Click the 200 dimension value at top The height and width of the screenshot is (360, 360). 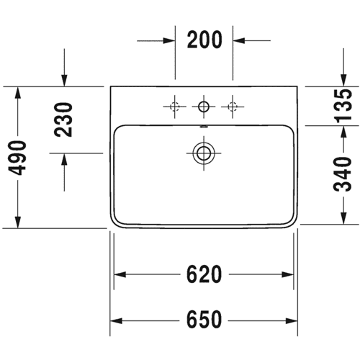[x=204, y=40]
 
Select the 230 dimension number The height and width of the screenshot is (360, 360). [x=63, y=120]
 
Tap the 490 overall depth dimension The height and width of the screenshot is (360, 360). [x=17, y=158]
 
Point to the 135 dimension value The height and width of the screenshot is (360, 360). [x=343, y=106]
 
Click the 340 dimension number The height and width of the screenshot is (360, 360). [x=343, y=174]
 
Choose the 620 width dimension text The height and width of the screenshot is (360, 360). [x=204, y=274]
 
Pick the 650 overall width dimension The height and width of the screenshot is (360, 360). [x=204, y=320]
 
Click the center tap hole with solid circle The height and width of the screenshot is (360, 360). [x=204, y=107]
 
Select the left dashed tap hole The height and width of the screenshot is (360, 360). [x=175, y=107]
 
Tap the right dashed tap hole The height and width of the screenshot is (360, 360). [x=233, y=107]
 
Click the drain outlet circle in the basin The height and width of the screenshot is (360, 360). [x=204, y=153]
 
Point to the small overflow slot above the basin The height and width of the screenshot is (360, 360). [x=204, y=127]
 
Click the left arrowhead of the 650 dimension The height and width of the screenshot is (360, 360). [x=116, y=320]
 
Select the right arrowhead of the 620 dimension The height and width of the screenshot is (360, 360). [x=287, y=274]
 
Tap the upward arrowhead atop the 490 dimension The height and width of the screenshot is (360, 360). [x=17, y=93]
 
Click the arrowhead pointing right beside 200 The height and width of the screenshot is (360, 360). [x=168, y=40]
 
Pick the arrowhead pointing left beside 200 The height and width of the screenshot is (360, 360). [x=239, y=40]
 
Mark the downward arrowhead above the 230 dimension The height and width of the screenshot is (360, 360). [x=64, y=80]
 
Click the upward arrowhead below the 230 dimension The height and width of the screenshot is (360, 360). [x=64, y=159]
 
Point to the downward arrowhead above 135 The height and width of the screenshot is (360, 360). [x=343, y=80]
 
